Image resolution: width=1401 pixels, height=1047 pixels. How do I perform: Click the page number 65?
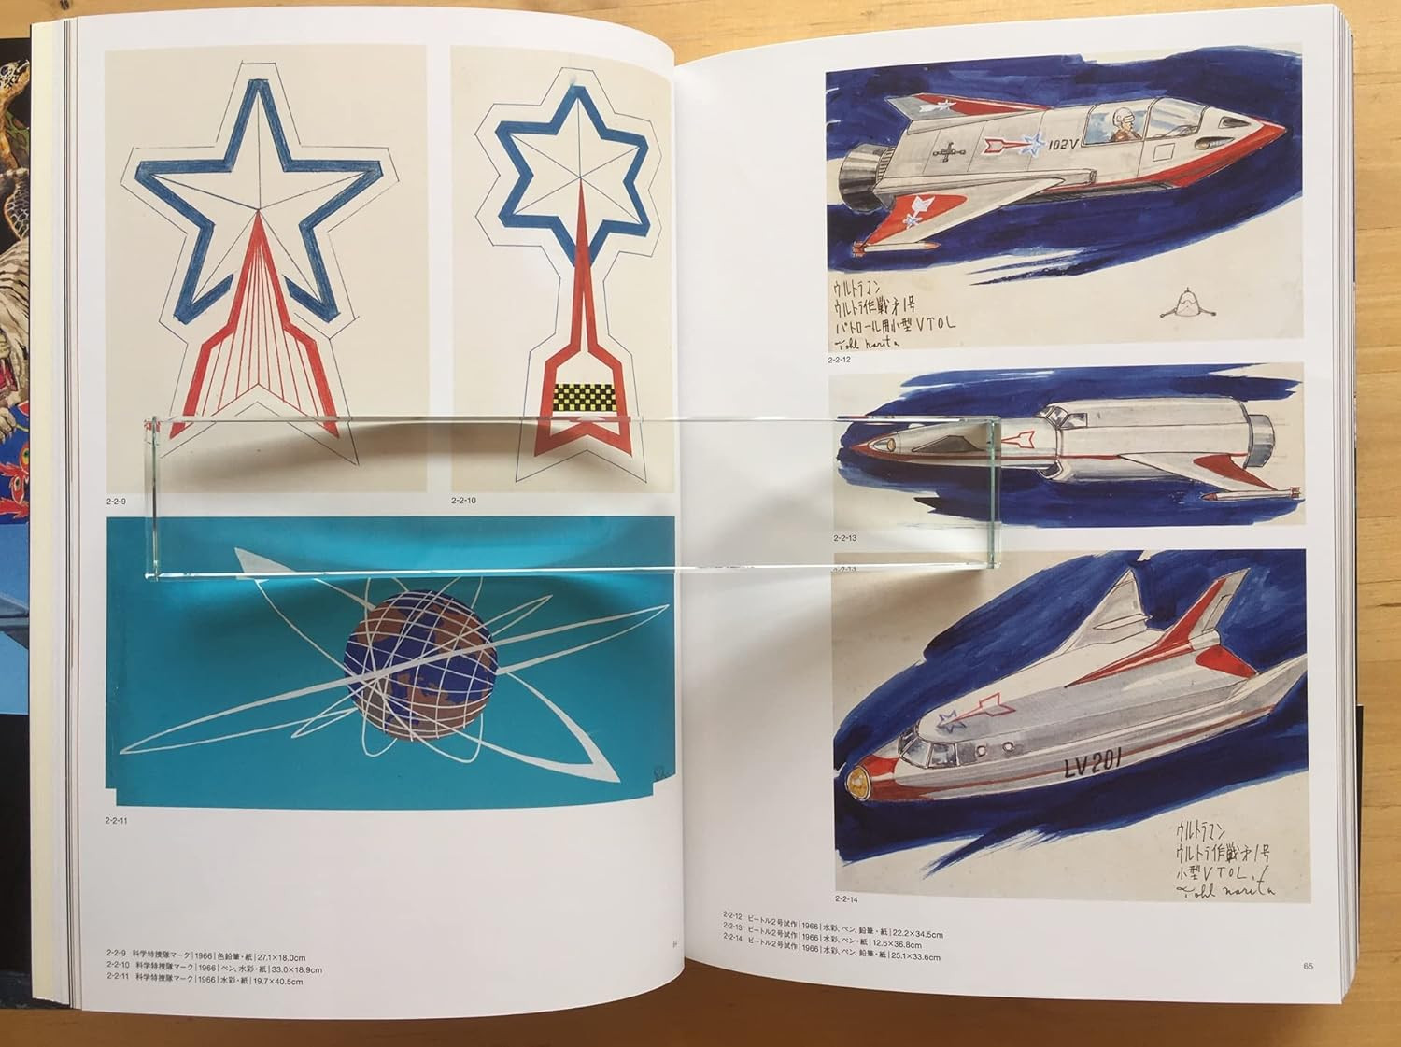point(1308,966)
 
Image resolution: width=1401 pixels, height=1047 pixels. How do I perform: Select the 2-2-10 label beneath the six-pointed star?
point(463,502)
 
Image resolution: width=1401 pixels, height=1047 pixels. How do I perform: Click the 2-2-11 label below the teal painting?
point(117,822)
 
